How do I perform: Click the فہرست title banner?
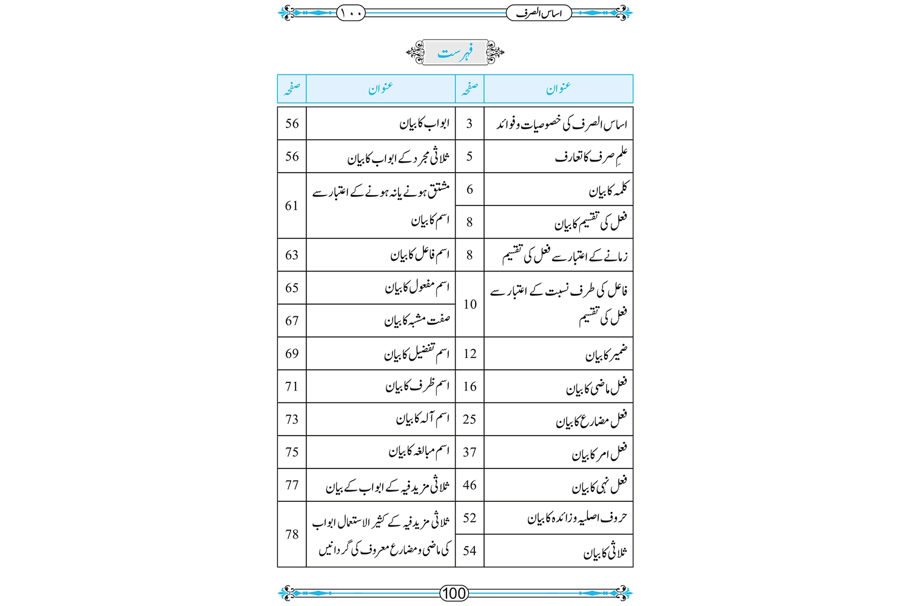pyautogui.click(x=455, y=53)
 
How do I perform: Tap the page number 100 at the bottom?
pyautogui.click(x=454, y=593)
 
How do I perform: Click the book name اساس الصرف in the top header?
pyautogui.click(x=539, y=13)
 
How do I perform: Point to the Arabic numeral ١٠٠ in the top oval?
pyautogui.click(x=351, y=13)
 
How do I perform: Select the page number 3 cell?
pyautogui.click(x=469, y=124)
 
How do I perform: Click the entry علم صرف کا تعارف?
pyautogui.click(x=591, y=157)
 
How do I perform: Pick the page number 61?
pyautogui.click(x=292, y=206)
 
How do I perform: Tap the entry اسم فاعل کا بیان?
pyautogui.click(x=420, y=255)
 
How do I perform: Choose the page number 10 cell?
pyautogui.click(x=470, y=304)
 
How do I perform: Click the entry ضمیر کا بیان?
pyautogui.click(x=606, y=354)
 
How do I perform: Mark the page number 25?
pyautogui.click(x=470, y=419)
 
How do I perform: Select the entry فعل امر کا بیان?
pyautogui.click(x=599, y=453)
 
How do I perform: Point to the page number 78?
pyautogui.click(x=292, y=534)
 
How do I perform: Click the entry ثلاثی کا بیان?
pyautogui.click(x=605, y=551)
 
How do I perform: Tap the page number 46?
pyautogui.click(x=470, y=485)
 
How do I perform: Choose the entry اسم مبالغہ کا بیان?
pyautogui.click(x=419, y=452)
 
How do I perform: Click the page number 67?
pyautogui.click(x=292, y=321)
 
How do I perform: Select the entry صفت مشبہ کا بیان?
pyautogui.click(x=417, y=321)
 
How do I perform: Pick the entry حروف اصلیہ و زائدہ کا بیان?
pyautogui.click(x=577, y=518)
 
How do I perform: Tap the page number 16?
pyautogui.click(x=470, y=387)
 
